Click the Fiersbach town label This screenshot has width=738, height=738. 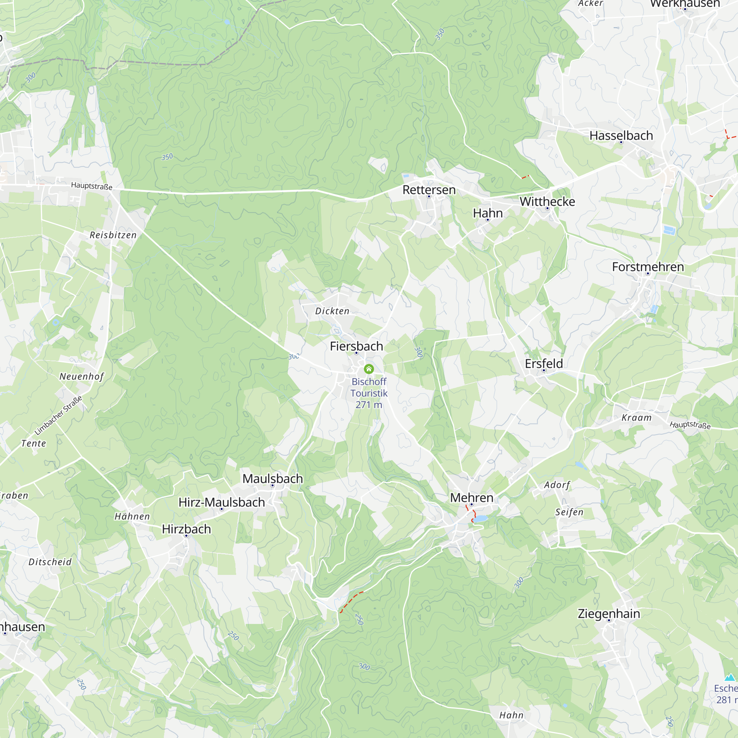click(x=356, y=346)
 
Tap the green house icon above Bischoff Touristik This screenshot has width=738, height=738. click(x=369, y=369)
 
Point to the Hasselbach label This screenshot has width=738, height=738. click(x=621, y=135)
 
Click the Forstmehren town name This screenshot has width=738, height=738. click(x=648, y=267)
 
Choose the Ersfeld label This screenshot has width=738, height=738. click(x=544, y=364)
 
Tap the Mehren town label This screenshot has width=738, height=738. click(x=472, y=498)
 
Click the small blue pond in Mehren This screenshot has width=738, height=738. click(x=480, y=518)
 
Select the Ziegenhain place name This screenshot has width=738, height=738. click(x=608, y=614)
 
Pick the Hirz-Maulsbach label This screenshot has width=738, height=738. click(x=221, y=502)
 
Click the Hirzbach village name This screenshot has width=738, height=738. click(x=186, y=529)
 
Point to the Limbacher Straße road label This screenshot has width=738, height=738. click(x=58, y=416)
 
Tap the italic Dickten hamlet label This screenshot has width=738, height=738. click(x=332, y=311)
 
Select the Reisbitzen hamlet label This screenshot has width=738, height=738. click(x=113, y=235)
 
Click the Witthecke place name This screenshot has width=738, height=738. click(x=547, y=202)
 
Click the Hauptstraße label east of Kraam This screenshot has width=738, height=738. click(x=690, y=425)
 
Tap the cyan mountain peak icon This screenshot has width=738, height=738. click(x=730, y=677)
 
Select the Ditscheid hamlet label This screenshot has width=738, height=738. click(x=50, y=562)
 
